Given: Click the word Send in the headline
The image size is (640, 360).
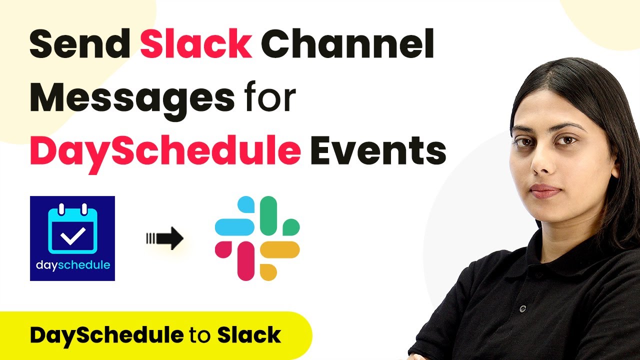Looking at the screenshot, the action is pyautogui.click(x=79, y=43).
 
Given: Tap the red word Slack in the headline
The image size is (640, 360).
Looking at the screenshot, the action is pyautogui.click(x=195, y=43).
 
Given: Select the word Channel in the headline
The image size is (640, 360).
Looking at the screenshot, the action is pyautogui.click(x=347, y=43).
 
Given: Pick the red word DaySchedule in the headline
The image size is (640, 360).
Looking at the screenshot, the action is pyautogui.click(x=165, y=151).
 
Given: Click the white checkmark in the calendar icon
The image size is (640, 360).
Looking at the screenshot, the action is pyautogui.click(x=72, y=235).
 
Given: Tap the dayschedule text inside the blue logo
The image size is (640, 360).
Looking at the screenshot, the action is pyautogui.click(x=73, y=265).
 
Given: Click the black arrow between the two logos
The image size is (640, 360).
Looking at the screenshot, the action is pyautogui.click(x=165, y=238).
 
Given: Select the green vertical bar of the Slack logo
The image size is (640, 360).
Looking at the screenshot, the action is pyautogui.click(x=268, y=215).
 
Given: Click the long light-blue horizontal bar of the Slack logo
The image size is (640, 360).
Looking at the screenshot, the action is pyautogui.click(x=234, y=227).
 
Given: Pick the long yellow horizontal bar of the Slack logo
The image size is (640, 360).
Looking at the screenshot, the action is pyautogui.click(x=279, y=249).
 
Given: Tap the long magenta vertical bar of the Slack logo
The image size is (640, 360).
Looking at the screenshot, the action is pyautogui.click(x=246, y=261).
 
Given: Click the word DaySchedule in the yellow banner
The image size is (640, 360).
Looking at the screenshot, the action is pyautogui.click(x=106, y=335).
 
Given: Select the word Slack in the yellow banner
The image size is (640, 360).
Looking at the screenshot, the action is pyautogui.click(x=249, y=334).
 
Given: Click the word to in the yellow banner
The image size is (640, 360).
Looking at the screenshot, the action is pyautogui.click(x=200, y=335).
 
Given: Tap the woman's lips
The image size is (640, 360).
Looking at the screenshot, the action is pyautogui.click(x=545, y=191).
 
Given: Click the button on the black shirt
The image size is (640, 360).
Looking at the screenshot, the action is pyautogui.click(x=522, y=308).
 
